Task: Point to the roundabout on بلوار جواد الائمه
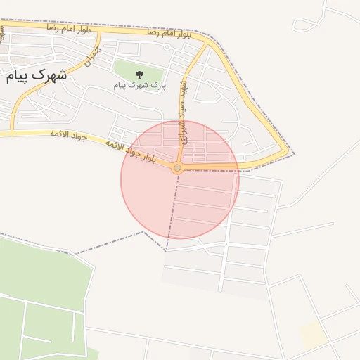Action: tap(177, 168)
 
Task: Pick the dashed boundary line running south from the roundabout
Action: tap(172, 211)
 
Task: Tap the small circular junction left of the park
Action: tap(167, 47)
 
